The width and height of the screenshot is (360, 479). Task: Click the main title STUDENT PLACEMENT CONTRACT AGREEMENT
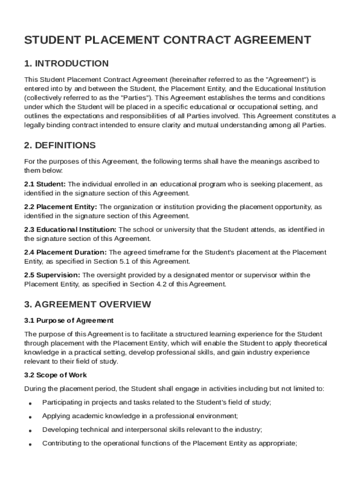point(167,40)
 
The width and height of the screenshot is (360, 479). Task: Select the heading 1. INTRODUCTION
point(66,64)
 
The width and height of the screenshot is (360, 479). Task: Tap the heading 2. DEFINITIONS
point(60,145)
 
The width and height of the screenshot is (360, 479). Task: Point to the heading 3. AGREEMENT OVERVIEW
point(87,305)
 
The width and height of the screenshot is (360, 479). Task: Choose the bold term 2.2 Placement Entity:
point(61,207)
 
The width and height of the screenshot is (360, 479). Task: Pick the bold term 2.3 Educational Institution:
point(71,230)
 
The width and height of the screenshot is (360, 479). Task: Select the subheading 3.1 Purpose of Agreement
point(69,320)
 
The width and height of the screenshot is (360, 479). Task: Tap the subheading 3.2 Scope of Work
point(55,375)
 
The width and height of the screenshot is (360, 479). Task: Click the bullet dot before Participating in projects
point(30,403)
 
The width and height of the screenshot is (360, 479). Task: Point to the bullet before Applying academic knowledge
point(30,417)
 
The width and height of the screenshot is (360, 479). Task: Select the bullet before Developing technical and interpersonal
point(30,430)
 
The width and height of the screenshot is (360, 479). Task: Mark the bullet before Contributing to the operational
point(30,444)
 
